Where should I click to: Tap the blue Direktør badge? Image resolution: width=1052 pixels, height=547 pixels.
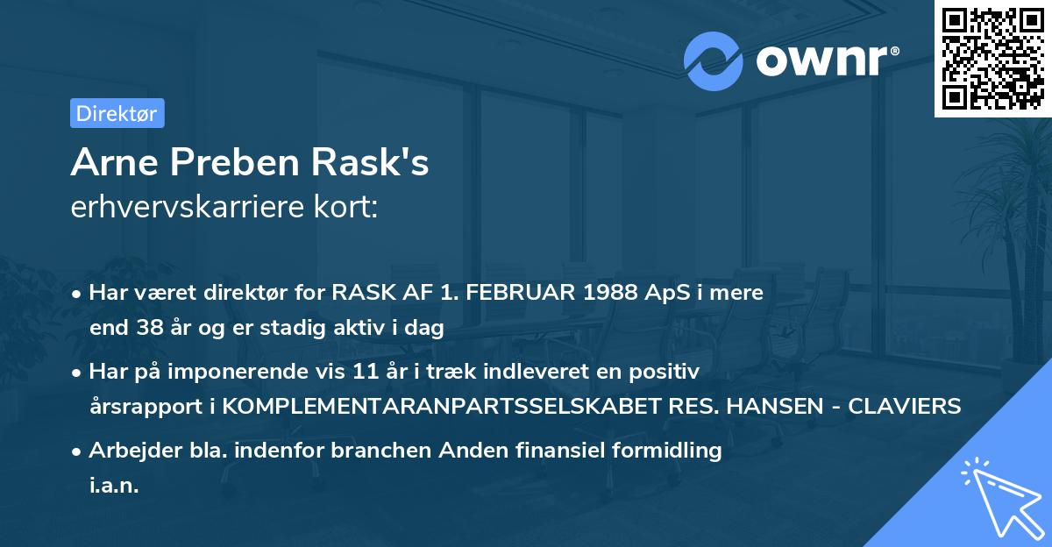pyautogui.click(x=117, y=113)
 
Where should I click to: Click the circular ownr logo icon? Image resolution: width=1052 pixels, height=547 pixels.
pyautogui.click(x=714, y=60)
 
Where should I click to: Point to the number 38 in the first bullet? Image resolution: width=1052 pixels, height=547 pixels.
pyautogui.click(x=145, y=329)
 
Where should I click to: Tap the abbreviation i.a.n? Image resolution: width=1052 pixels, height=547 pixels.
pyautogui.click(x=115, y=486)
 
